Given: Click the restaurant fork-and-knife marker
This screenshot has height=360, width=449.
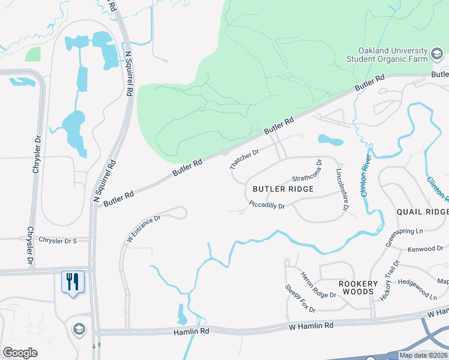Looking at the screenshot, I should click(x=73, y=282).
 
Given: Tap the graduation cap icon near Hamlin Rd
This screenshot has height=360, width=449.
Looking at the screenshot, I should click(x=79, y=329).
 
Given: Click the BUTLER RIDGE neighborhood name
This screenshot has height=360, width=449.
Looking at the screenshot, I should click(x=283, y=189).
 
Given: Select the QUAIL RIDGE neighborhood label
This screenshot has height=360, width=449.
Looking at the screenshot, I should click(x=423, y=212).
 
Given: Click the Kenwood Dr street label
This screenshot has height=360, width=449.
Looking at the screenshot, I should click(x=424, y=248).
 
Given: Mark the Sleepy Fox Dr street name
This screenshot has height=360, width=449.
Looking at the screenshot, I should click(x=300, y=298).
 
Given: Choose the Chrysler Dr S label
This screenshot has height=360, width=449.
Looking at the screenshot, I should click(x=58, y=241).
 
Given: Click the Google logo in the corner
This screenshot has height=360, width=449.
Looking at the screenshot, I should click(x=20, y=352).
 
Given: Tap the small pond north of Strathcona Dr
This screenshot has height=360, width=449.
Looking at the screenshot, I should click(x=330, y=141).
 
